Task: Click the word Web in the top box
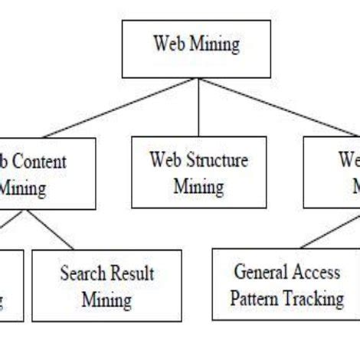[169, 44]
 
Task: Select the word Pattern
[257, 298]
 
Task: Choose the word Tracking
[315, 299]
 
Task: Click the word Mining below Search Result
[106, 299]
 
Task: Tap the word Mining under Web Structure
[198, 186]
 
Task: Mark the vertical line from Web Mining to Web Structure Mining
[198, 107]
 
